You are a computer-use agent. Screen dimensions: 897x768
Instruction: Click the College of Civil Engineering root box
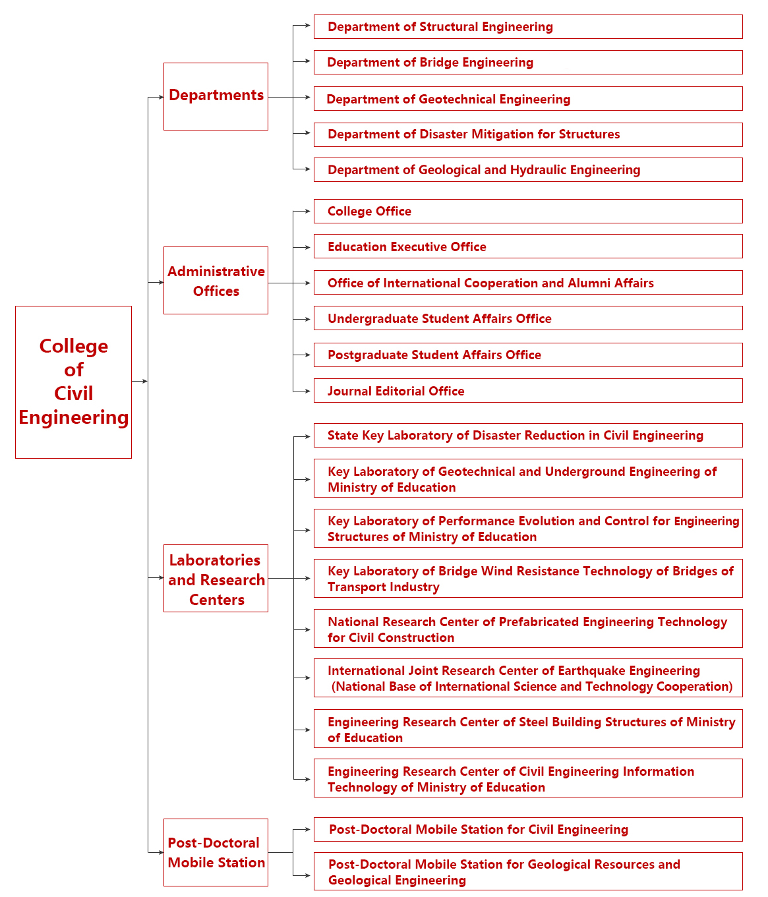click(73, 382)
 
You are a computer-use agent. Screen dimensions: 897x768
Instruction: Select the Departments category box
click(216, 96)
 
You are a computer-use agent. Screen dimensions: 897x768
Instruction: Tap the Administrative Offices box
click(216, 281)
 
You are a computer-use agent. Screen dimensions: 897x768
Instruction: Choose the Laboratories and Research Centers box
click(216, 579)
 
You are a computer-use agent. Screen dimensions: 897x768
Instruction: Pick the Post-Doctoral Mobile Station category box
click(216, 852)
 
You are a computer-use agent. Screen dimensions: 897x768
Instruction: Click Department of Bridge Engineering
click(527, 63)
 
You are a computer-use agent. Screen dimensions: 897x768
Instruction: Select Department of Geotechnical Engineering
click(527, 99)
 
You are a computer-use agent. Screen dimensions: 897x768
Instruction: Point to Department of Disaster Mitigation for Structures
click(527, 134)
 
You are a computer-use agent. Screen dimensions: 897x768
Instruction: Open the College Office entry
click(527, 212)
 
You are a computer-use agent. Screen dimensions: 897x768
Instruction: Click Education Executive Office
click(527, 247)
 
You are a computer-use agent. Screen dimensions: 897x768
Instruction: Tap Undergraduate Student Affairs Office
click(527, 319)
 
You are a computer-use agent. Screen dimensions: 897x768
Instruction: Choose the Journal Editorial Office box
click(527, 391)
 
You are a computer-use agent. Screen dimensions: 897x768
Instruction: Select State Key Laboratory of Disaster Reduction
click(527, 436)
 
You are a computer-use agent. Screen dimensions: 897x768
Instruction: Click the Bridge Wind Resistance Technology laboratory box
click(527, 579)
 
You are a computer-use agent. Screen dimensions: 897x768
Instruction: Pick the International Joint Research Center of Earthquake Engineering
click(527, 678)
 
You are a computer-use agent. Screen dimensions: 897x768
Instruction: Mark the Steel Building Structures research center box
click(527, 729)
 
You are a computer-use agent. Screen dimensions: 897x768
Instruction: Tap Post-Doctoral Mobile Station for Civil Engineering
click(527, 830)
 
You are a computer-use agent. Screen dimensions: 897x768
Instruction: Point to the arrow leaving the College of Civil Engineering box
click(140, 381)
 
